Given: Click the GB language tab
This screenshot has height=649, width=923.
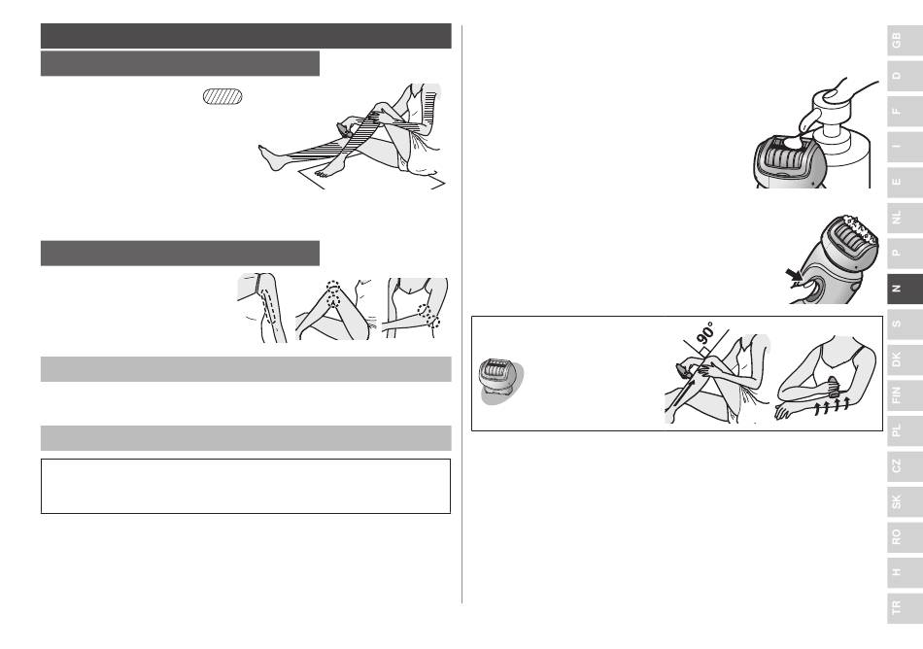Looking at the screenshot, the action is click(x=905, y=41).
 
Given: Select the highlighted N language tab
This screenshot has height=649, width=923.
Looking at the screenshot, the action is click(x=905, y=289).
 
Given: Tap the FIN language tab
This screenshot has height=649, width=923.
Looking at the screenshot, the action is click(x=905, y=394).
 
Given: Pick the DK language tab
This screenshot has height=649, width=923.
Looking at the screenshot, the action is click(x=905, y=359).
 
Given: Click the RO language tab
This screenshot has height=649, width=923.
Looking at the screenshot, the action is click(x=905, y=536).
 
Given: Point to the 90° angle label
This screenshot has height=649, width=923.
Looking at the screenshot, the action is click(x=705, y=332).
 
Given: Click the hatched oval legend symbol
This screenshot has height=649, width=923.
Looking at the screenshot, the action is click(x=222, y=96).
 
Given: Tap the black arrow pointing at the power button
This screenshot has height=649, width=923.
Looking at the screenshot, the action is click(x=794, y=274).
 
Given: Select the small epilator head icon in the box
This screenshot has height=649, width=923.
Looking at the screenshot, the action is click(x=498, y=379).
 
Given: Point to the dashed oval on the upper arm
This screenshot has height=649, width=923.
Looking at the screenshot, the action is click(x=268, y=305).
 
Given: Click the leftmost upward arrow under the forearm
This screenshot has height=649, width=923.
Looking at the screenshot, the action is click(x=818, y=410).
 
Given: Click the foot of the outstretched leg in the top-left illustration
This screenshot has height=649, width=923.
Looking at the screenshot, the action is click(x=271, y=157).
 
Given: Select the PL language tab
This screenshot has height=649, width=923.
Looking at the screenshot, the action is click(x=905, y=430).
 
